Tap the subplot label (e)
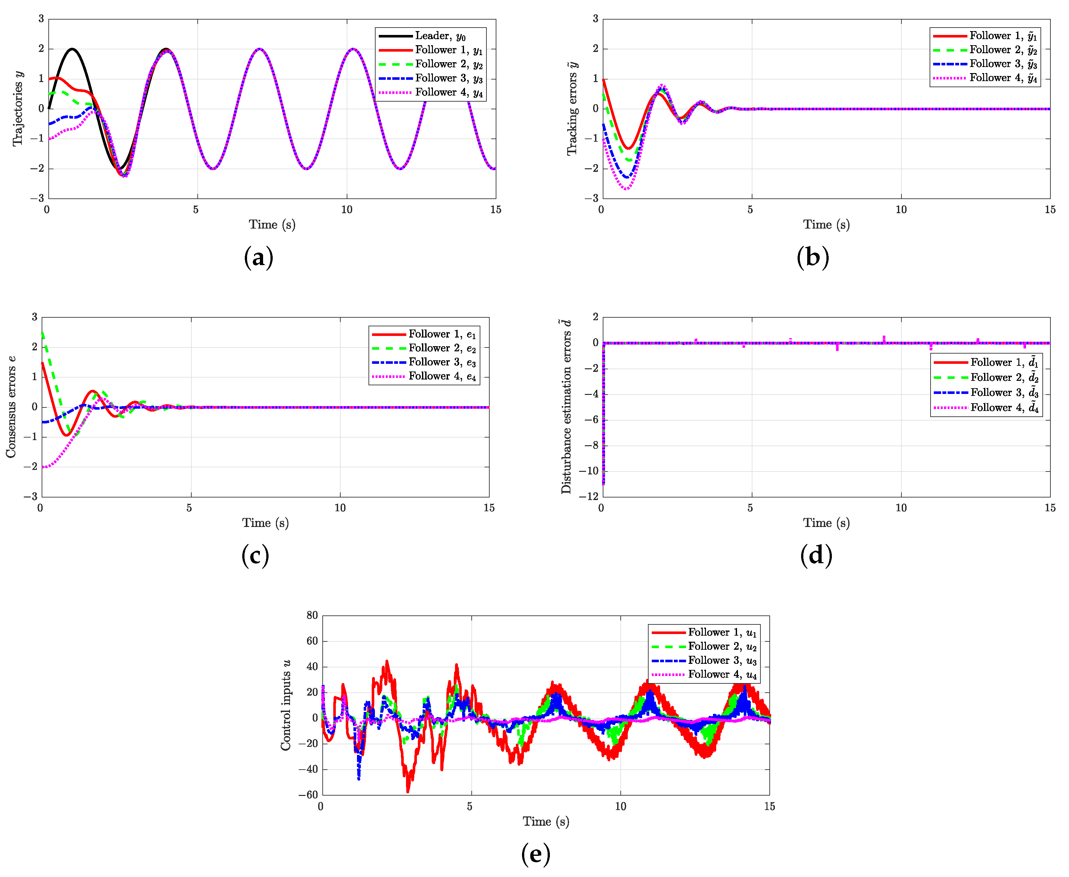(x=535, y=854)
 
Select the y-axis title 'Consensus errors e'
(x=11, y=407)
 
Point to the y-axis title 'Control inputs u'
(x=286, y=705)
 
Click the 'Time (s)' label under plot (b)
(x=826, y=225)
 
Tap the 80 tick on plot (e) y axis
(x=311, y=615)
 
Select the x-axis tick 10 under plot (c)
(x=340, y=508)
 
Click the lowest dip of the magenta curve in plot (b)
(x=626, y=189)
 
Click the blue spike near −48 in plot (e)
(x=359, y=779)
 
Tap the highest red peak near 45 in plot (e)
(x=387, y=661)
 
